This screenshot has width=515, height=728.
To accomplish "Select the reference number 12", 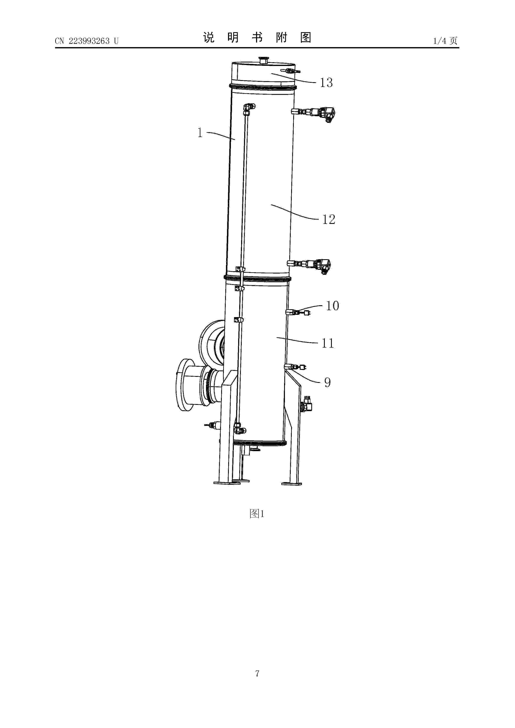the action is point(329,219).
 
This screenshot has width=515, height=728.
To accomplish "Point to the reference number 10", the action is point(332,306).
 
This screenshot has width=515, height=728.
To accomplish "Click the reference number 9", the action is point(327,382).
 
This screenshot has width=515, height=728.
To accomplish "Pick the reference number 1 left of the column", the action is point(200,133).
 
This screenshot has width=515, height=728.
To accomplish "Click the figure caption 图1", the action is point(257,514).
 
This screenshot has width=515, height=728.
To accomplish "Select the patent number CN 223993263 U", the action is point(87,41).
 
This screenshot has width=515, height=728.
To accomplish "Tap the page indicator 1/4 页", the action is point(445,41).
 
